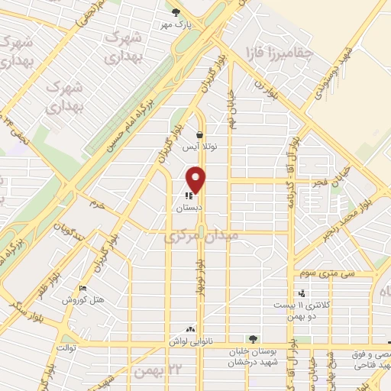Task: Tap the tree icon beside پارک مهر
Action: (x=176, y=11)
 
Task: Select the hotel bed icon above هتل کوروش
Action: (x=83, y=288)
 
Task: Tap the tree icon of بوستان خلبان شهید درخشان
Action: (x=254, y=339)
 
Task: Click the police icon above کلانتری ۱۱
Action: (x=302, y=292)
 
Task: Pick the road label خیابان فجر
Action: (x=325, y=183)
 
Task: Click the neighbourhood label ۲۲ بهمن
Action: (x=150, y=371)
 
